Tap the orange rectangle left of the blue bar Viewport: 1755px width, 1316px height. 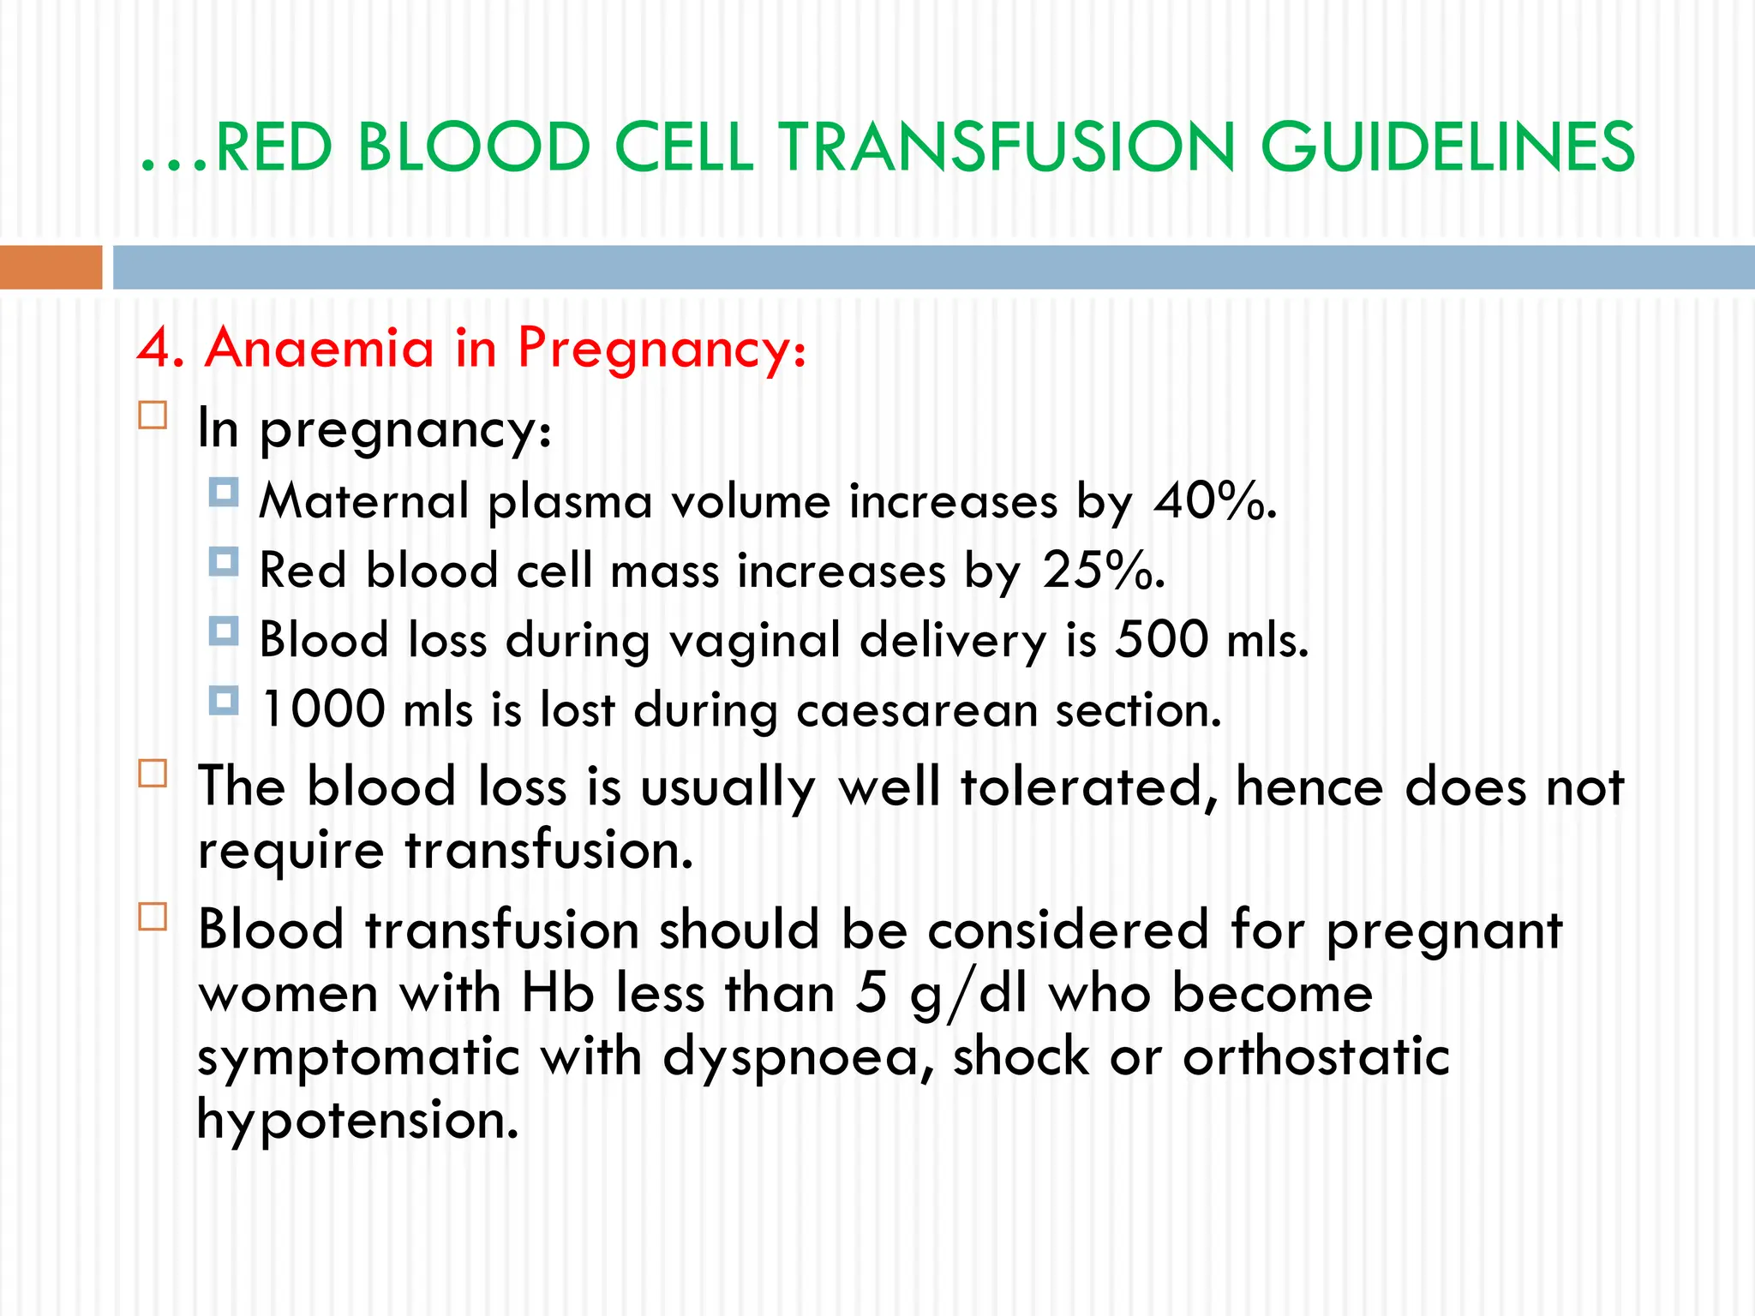51,266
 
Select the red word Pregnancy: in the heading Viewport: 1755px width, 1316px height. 662,350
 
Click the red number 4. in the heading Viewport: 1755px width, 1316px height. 160,349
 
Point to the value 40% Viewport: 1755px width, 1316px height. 1214,500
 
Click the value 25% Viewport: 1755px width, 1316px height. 1103,570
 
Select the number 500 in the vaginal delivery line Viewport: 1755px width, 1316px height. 1161,639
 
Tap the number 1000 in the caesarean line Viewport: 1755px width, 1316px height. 323,709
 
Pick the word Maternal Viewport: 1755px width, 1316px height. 364,500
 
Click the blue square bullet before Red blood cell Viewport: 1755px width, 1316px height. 224,562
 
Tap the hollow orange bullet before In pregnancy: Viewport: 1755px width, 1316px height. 153,416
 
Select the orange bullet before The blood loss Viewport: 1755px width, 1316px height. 153,774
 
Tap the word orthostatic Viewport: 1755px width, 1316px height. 1315,1056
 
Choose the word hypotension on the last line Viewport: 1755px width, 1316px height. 357,1121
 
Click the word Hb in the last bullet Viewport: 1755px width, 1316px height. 558,994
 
